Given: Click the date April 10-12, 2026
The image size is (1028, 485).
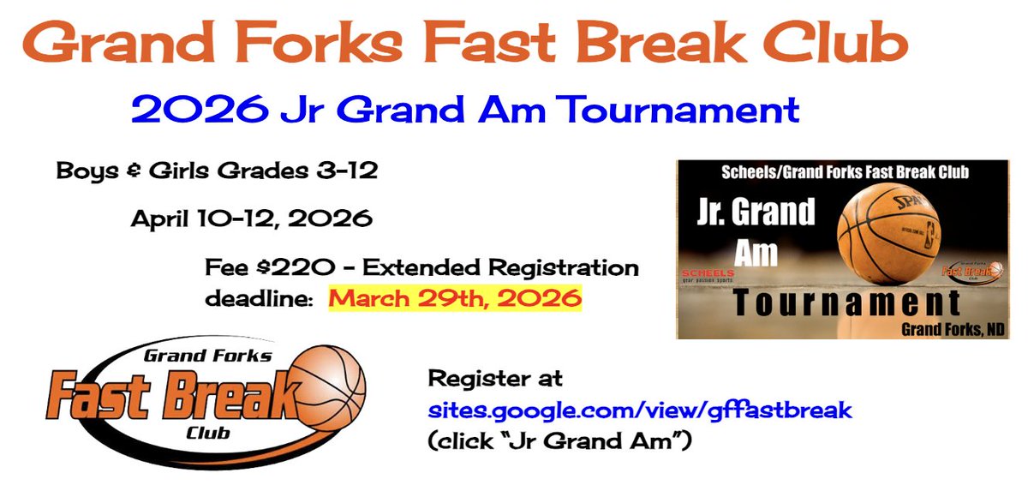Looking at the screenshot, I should [251, 219].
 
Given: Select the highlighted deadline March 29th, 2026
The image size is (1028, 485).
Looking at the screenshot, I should [456, 300].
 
